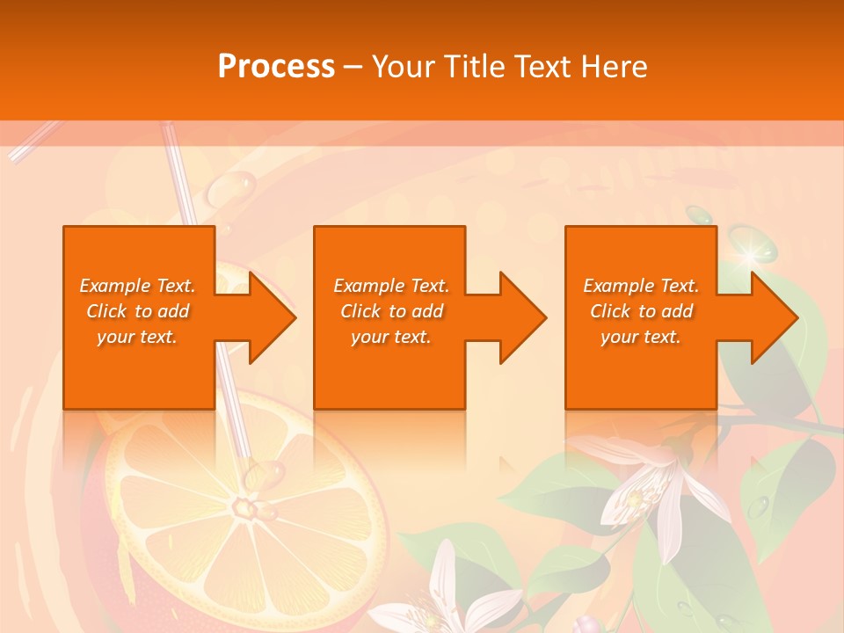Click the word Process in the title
(x=276, y=67)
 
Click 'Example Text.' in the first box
(x=138, y=286)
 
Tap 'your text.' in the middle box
(x=391, y=337)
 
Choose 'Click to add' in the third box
(x=641, y=311)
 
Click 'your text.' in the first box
(x=138, y=337)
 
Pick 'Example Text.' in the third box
(x=641, y=286)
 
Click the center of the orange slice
(x=242, y=507)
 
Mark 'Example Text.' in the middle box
(x=391, y=286)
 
